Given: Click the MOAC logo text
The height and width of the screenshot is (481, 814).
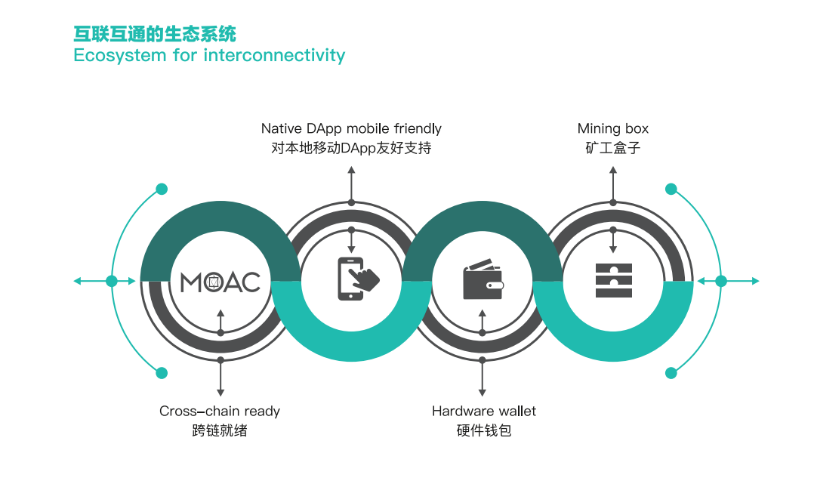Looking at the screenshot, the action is pyautogui.click(x=220, y=282).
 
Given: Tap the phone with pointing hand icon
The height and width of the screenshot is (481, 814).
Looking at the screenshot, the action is pyautogui.click(x=358, y=279).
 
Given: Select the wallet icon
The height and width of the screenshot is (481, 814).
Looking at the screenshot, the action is pyautogui.click(x=483, y=279).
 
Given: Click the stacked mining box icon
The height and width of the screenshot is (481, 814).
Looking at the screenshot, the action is pyautogui.click(x=614, y=280).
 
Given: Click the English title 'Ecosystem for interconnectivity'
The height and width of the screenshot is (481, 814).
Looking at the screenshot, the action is pyautogui.click(x=209, y=55).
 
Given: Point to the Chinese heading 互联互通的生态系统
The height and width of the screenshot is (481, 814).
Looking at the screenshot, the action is pyautogui.click(x=155, y=34).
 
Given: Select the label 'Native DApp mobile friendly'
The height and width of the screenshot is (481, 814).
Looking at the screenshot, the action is pyautogui.click(x=351, y=128).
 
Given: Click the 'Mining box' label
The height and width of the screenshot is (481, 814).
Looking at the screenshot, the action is pyautogui.click(x=613, y=128).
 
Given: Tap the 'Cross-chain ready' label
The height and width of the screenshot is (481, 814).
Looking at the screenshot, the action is pyautogui.click(x=220, y=411).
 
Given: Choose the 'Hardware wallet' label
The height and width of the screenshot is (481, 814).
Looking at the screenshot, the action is pyautogui.click(x=484, y=411).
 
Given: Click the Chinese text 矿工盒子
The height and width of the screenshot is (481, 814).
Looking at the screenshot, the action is pyautogui.click(x=613, y=148).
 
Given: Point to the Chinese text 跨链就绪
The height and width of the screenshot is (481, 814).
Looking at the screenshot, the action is pyautogui.click(x=220, y=430).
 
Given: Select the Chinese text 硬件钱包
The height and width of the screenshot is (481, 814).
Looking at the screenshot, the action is pyautogui.click(x=484, y=430).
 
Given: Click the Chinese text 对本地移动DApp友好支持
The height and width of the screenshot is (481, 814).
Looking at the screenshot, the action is pyautogui.click(x=351, y=148).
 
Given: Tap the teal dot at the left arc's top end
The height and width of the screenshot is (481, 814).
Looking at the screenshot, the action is pyautogui.click(x=162, y=189).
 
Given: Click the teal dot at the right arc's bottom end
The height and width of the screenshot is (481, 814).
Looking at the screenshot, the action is pyautogui.click(x=671, y=373).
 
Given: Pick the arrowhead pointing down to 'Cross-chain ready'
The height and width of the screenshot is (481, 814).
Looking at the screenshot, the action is pyautogui.click(x=220, y=393).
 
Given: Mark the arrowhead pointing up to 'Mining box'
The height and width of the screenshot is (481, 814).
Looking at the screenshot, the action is pyautogui.click(x=613, y=170).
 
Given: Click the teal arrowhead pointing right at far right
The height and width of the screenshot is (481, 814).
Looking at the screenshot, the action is pyautogui.click(x=756, y=281).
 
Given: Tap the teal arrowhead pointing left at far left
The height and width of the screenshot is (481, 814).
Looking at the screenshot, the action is pyautogui.click(x=77, y=281).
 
